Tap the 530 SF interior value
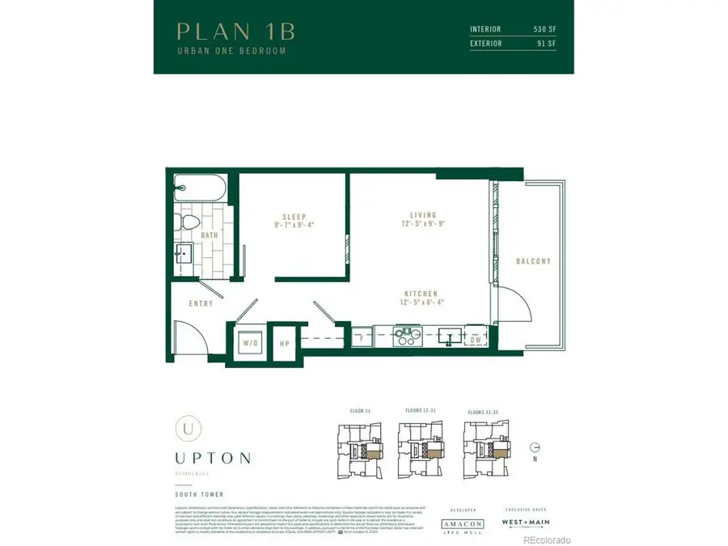pos(544,29)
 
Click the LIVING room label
pos(423,216)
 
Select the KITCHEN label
pos(422,294)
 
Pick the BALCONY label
pos(533,261)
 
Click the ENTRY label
pos(201,304)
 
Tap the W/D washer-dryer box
pos(250,342)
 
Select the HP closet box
pos(284,342)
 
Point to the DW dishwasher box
pos(477,340)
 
